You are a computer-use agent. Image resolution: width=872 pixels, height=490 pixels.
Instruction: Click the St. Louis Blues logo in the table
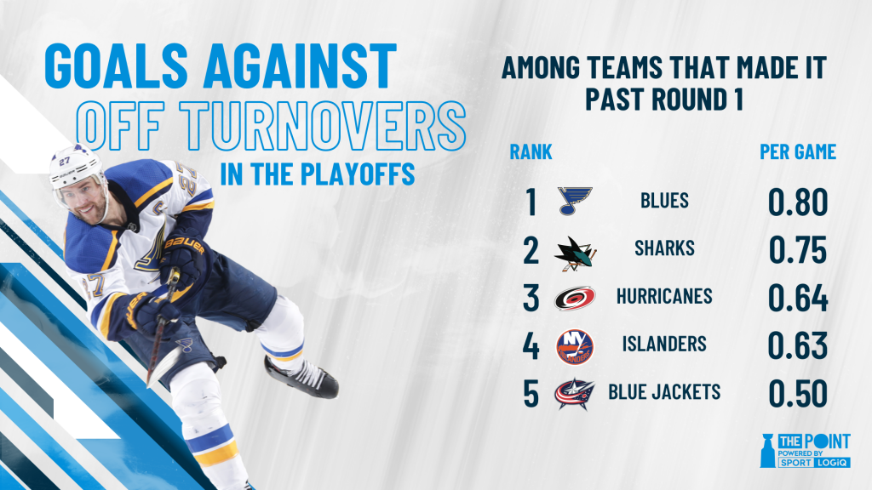tap(575, 201)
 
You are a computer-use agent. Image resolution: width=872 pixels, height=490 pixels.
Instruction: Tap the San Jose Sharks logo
tap(575, 254)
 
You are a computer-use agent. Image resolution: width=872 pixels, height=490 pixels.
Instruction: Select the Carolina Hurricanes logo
tap(575, 299)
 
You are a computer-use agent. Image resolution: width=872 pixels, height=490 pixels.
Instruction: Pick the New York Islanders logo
tap(575, 347)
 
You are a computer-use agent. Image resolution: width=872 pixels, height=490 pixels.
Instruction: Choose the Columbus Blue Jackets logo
tap(575, 393)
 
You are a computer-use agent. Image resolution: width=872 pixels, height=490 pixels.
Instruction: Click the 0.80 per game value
tap(797, 202)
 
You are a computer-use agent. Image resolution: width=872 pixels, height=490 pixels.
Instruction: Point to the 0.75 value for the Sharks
tap(797, 250)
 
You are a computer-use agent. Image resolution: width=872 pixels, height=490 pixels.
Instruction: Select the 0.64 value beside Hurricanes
tap(797, 298)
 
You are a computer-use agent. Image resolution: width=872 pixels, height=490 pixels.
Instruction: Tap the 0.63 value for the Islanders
tap(797, 345)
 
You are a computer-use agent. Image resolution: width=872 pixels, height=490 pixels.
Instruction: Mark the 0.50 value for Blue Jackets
tap(797, 393)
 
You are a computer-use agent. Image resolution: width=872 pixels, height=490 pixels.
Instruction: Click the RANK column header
tap(531, 151)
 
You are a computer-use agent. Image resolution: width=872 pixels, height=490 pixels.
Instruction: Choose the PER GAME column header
tap(798, 151)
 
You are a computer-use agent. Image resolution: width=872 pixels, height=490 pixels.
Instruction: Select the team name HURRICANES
tap(664, 296)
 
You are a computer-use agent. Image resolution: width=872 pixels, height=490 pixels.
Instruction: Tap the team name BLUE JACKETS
tap(664, 392)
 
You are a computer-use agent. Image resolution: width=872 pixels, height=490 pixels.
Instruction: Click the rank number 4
tap(531, 345)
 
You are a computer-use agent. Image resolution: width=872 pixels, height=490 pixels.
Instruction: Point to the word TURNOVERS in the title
tap(322, 126)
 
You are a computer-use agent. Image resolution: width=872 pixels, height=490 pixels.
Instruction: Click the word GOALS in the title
tap(116, 66)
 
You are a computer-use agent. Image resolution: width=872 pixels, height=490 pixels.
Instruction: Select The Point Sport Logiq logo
tap(805, 450)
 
